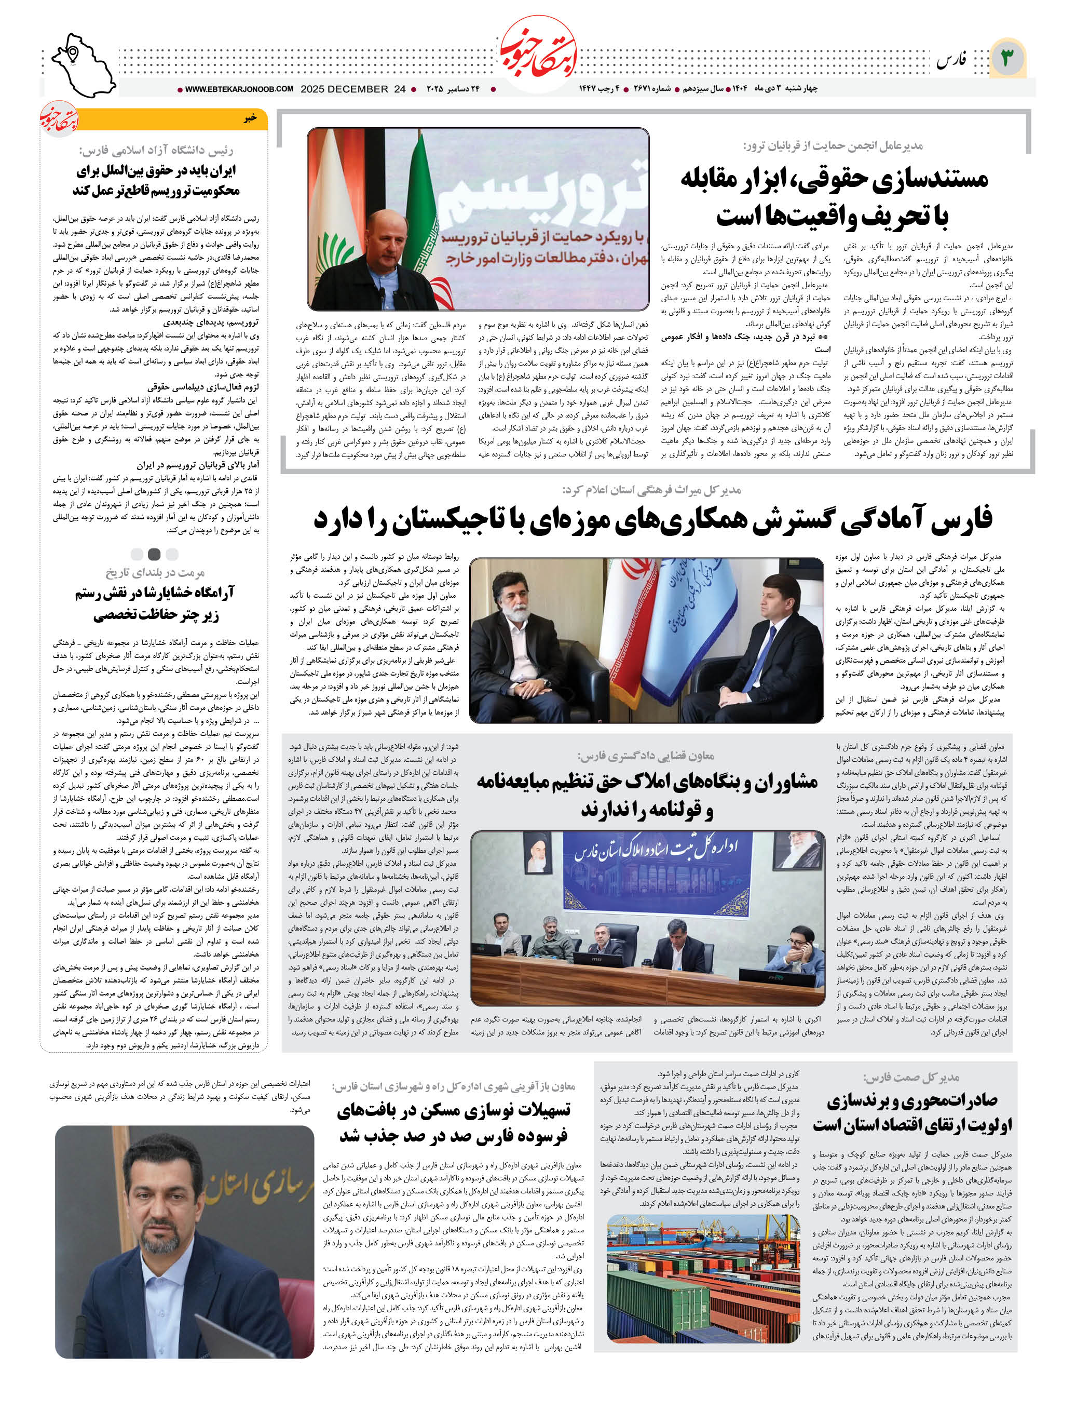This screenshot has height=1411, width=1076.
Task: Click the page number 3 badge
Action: [1007, 58]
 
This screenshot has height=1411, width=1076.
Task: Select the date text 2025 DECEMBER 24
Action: [353, 89]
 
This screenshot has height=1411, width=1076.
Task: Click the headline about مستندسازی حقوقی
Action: [833, 196]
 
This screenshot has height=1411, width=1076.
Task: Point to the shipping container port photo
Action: [703, 1279]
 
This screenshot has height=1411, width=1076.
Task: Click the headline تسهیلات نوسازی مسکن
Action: [454, 1123]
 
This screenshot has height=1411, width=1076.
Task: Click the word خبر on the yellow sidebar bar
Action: [250, 118]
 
